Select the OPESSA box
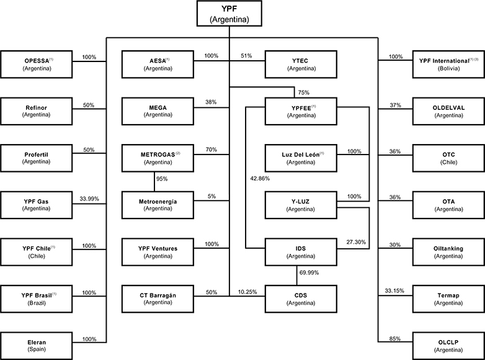point(37,64)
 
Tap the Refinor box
point(37,110)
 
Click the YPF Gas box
point(37,204)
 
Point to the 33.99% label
point(90,199)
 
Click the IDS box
point(301,251)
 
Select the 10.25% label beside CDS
point(248,292)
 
